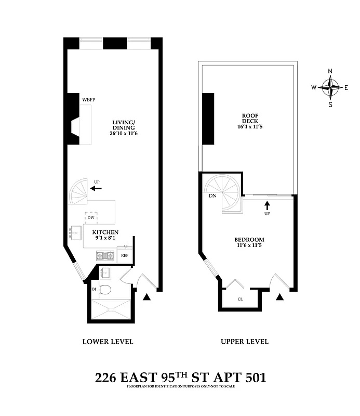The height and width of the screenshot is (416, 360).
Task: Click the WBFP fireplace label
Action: (x=89, y=99)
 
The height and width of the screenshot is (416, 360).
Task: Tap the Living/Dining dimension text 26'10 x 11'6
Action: (x=124, y=134)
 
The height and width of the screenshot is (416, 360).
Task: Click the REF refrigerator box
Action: (x=125, y=256)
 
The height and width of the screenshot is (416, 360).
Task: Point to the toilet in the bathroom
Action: (x=105, y=290)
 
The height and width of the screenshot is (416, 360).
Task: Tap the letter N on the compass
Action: (x=330, y=72)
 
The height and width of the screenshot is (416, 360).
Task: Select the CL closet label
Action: (x=239, y=300)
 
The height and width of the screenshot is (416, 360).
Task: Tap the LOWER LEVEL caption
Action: (x=108, y=342)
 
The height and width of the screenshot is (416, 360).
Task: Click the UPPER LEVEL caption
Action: (x=245, y=342)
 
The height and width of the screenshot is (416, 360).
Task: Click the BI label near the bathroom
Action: (x=94, y=289)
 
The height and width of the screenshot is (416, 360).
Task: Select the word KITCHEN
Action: (x=105, y=232)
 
